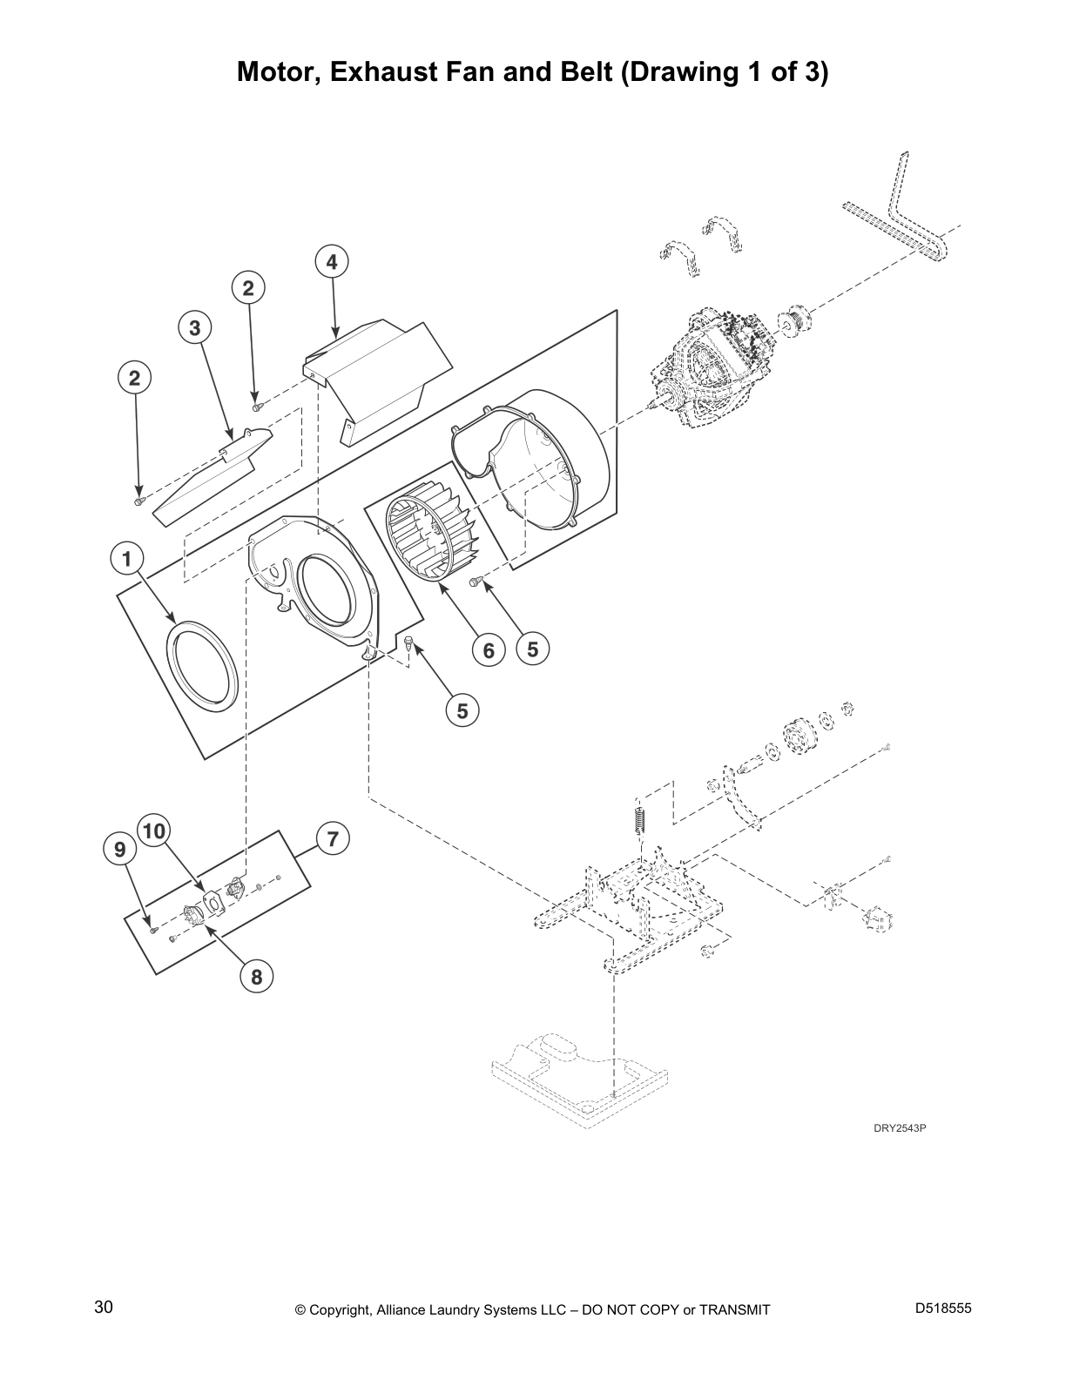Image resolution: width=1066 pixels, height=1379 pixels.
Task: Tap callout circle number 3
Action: [x=195, y=328]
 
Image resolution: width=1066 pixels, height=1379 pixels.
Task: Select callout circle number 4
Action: [x=332, y=261]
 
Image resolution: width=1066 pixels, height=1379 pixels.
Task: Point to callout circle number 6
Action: [x=489, y=649]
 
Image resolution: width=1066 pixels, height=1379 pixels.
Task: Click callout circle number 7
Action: [x=332, y=839]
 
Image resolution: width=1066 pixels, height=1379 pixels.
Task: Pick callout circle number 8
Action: [x=256, y=977]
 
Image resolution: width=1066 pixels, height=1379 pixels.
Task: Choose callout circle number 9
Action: [x=120, y=849]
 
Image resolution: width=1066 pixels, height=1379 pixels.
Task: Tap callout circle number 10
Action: [x=153, y=831]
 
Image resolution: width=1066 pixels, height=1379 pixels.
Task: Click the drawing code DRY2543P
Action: [x=900, y=1128]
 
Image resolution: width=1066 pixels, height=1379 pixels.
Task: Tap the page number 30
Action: [x=104, y=1308]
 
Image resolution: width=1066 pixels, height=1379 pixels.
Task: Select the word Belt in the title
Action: [x=580, y=71]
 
